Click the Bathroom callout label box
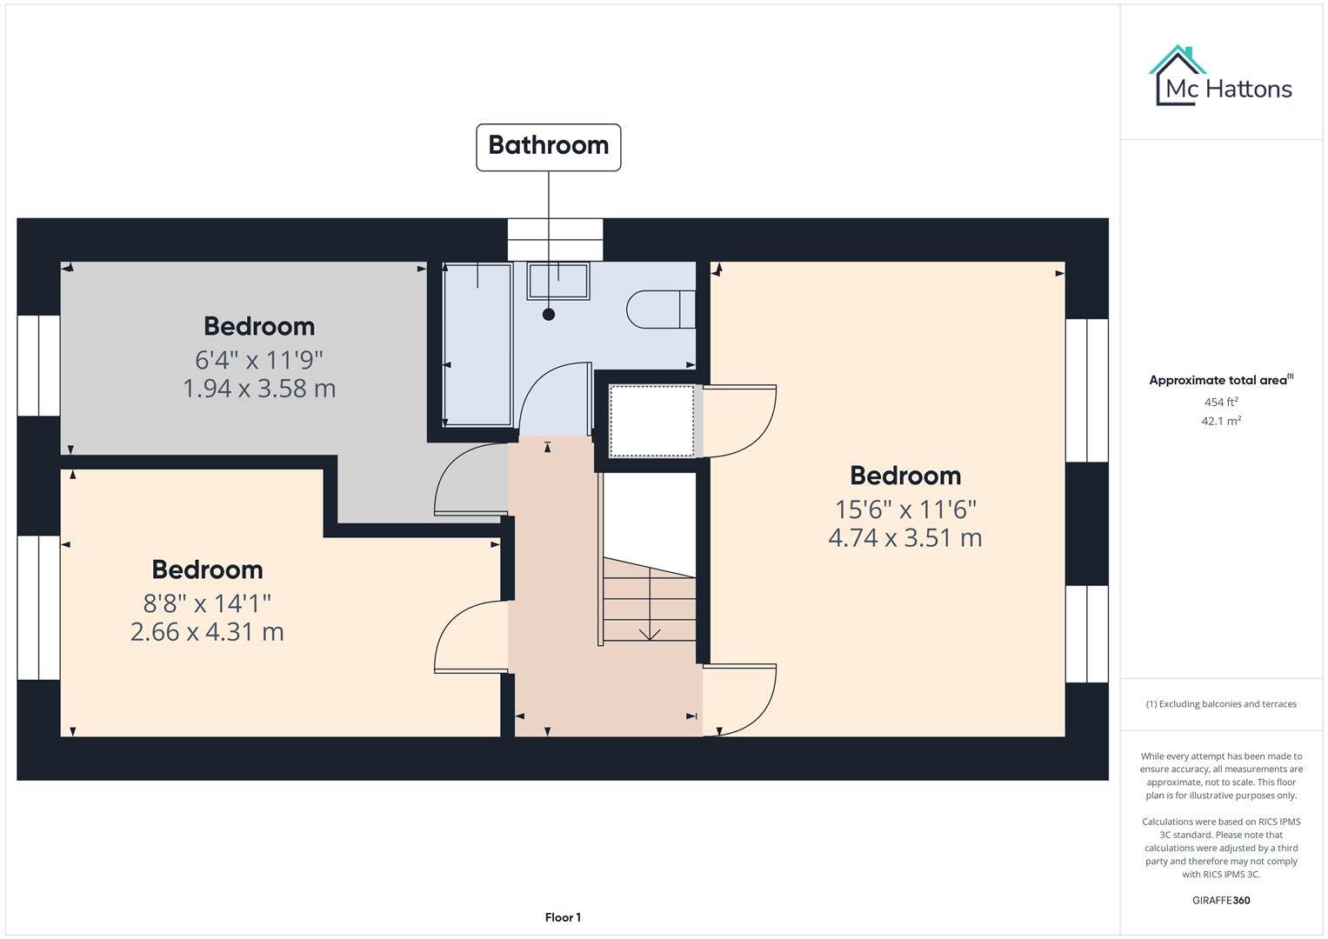(x=548, y=147)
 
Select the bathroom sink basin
(x=558, y=282)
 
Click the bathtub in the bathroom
(x=477, y=345)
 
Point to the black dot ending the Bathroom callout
(x=549, y=315)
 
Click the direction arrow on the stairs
(x=649, y=632)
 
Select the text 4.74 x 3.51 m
(x=904, y=538)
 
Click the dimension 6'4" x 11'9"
(x=259, y=360)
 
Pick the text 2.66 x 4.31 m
(x=207, y=632)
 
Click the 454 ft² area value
(x=1221, y=403)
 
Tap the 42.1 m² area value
(x=1221, y=421)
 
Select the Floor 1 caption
(x=563, y=917)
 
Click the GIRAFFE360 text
(x=1221, y=901)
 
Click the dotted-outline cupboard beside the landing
(x=651, y=421)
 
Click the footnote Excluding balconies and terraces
(x=1221, y=704)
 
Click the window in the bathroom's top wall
(x=555, y=240)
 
